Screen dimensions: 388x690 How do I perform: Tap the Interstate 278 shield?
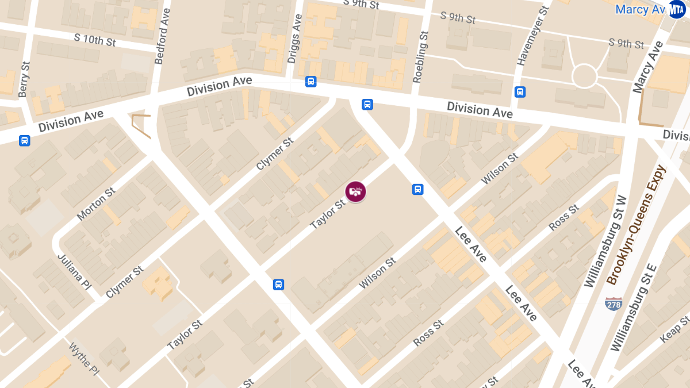614,304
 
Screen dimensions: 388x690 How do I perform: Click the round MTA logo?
677,9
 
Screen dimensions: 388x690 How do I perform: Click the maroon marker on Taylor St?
355,191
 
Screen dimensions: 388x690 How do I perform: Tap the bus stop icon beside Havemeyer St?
520,91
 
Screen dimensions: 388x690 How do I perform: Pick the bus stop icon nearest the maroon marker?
418,189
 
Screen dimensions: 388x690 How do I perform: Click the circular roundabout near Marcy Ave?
584,76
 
